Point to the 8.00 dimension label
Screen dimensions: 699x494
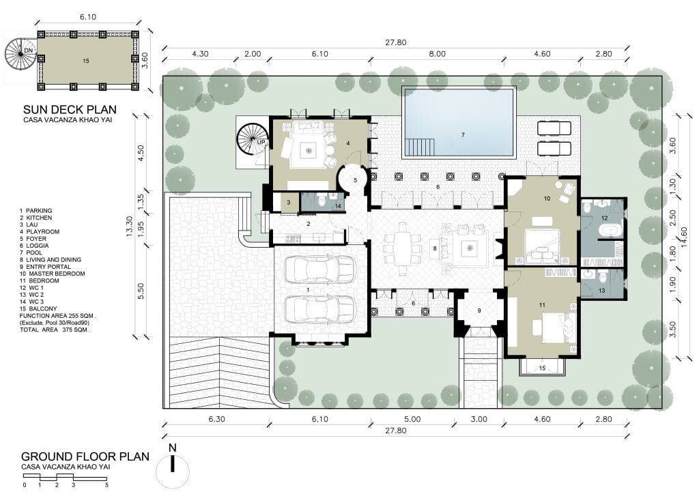click(438, 54)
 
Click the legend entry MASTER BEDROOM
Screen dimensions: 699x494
click(57, 274)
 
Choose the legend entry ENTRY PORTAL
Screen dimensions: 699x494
click(48, 266)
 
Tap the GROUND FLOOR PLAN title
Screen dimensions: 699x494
click(85, 456)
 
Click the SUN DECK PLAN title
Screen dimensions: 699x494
click(70, 109)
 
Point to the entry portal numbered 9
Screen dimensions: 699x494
click(479, 310)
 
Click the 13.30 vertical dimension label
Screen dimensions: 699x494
click(130, 227)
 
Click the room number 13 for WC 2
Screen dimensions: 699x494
click(601, 291)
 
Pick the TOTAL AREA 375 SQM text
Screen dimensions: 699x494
click(55, 330)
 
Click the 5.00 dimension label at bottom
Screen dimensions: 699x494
click(412, 419)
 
